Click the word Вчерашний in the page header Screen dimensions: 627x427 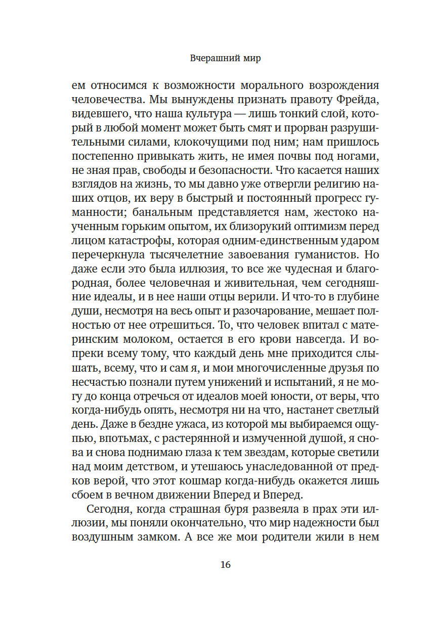pyautogui.click(x=208, y=58)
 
